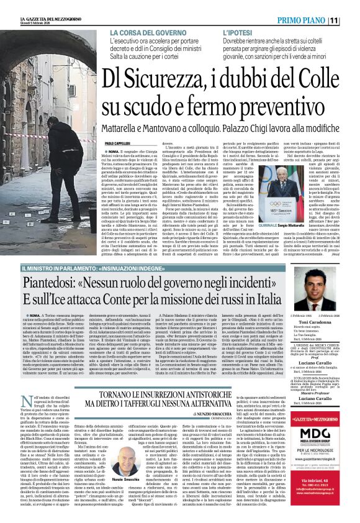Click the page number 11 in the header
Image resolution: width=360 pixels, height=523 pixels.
tap(351, 20)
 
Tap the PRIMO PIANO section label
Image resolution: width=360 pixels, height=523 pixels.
tap(317, 20)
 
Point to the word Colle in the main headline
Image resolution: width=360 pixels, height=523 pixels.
tap(312, 80)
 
